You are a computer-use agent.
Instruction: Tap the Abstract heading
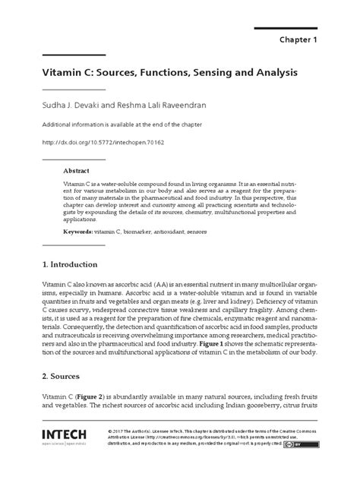pyautogui.click(x=75, y=172)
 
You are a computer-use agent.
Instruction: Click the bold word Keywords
pyautogui.click(x=76, y=229)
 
